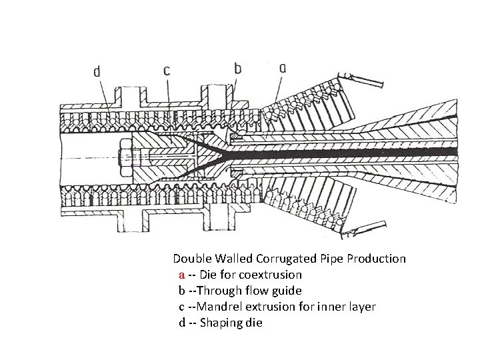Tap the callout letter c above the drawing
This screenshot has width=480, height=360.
[x=167, y=69]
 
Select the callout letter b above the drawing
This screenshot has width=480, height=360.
[x=238, y=67]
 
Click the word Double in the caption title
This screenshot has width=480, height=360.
[x=191, y=258]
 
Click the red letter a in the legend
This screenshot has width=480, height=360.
[x=182, y=275]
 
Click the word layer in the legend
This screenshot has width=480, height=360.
[x=360, y=307]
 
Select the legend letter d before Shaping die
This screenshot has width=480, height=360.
[x=182, y=323]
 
